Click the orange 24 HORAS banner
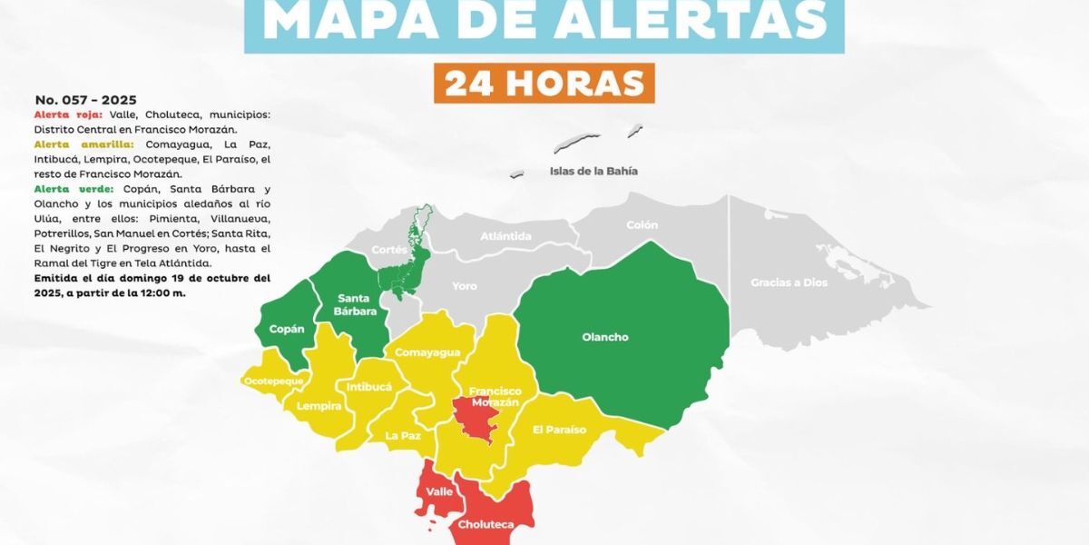(544, 83)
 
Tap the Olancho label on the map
(604, 338)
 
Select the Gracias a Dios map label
(789, 282)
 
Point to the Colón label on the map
(642, 225)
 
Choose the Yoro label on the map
(464, 286)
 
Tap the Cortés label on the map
(389, 250)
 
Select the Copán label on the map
(287, 329)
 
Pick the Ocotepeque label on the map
(272, 381)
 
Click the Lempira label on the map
(319, 405)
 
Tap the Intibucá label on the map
(369, 387)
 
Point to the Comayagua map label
(427, 352)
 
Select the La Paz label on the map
(403, 436)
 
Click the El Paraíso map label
(559, 430)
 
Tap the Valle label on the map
(439, 491)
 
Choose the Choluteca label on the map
(486, 525)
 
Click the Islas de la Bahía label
(594, 171)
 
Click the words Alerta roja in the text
(68, 115)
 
